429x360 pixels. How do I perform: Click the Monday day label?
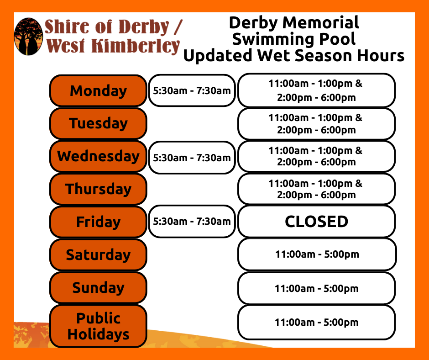pyautogui.click(x=98, y=90)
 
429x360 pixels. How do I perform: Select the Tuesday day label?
pyautogui.click(x=98, y=123)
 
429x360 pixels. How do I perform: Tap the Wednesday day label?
pyautogui.click(x=98, y=156)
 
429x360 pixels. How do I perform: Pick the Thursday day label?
pyautogui.click(x=98, y=189)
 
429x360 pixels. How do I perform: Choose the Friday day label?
pyautogui.click(x=98, y=222)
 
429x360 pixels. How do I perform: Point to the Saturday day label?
pyautogui.click(x=98, y=255)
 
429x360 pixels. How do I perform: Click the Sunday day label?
pyautogui.click(x=98, y=288)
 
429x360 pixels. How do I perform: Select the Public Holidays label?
pyautogui.click(x=98, y=326)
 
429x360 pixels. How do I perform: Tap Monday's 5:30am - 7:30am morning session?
pyautogui.click(x=192, y=90)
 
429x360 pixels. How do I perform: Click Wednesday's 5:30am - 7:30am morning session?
pyautogui.click(x=192, y=158)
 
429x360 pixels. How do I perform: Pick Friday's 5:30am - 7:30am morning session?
pyautogui.click(x=192, y=222)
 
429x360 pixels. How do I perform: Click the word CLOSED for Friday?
pyautogui.click(x=317, y=222)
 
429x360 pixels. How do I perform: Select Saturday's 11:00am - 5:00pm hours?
pyautogui.click(x=317, y=254)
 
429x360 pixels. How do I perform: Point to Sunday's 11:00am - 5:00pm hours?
pyautogui.click(x=317, y=288)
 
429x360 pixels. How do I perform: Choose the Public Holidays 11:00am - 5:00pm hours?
pyautogui.click(x=317, y=323)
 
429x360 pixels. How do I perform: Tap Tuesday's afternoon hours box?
pyautogui.click(x=317, y=124)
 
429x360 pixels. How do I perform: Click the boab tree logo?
pyautogui.click(x=28, y=37)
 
